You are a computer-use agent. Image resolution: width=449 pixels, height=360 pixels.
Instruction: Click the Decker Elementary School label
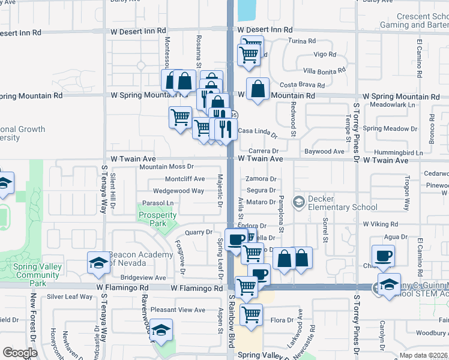tap(334, 203)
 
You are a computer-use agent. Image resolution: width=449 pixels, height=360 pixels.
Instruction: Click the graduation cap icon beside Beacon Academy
tap(98, 263)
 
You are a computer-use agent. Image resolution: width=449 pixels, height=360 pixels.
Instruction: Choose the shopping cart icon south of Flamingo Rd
tap(251, 314)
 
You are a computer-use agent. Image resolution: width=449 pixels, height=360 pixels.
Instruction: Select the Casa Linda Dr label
tap(258, 131)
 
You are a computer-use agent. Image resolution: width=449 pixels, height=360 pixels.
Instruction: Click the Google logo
tap(20, 353)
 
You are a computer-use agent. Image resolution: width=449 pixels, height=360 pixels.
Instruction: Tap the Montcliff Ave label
tap(184, 179)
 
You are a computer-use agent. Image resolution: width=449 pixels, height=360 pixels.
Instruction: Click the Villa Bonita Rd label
tap(324, 71)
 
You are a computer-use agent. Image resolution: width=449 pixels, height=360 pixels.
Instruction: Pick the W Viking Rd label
tap(385, 224)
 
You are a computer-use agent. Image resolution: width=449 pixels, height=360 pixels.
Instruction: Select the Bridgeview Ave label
tap(143, 278)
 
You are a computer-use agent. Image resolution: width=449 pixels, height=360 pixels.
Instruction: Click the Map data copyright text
tap(423, 355)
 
